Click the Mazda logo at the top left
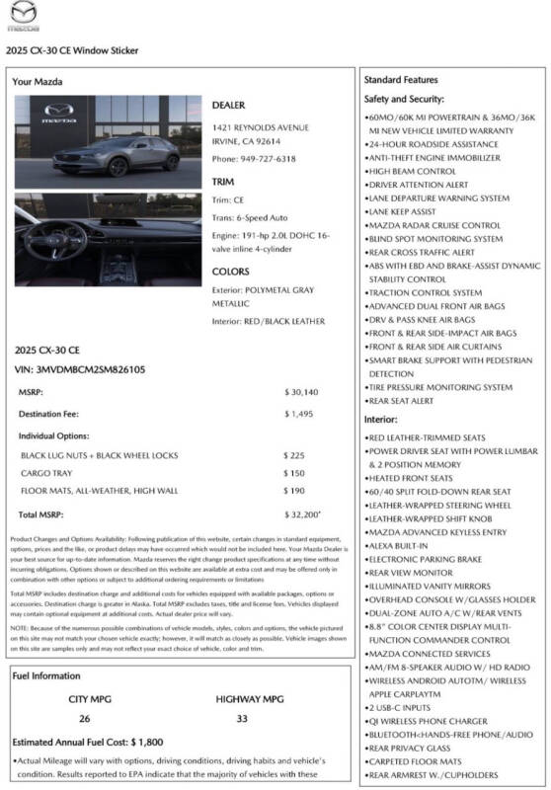pos(19,17)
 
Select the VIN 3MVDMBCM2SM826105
pos(80,369)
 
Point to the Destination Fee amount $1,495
pos(300,414)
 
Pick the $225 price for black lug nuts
pos(293,455)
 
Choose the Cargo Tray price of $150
pos(293,473)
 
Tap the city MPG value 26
pos(84,718)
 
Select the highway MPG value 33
pos(242,718)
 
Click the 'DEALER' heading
pos(228,105)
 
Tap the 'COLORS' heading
pos(230,272)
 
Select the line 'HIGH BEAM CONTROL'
pos(411,171)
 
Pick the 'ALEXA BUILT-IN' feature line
pos(398,545)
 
